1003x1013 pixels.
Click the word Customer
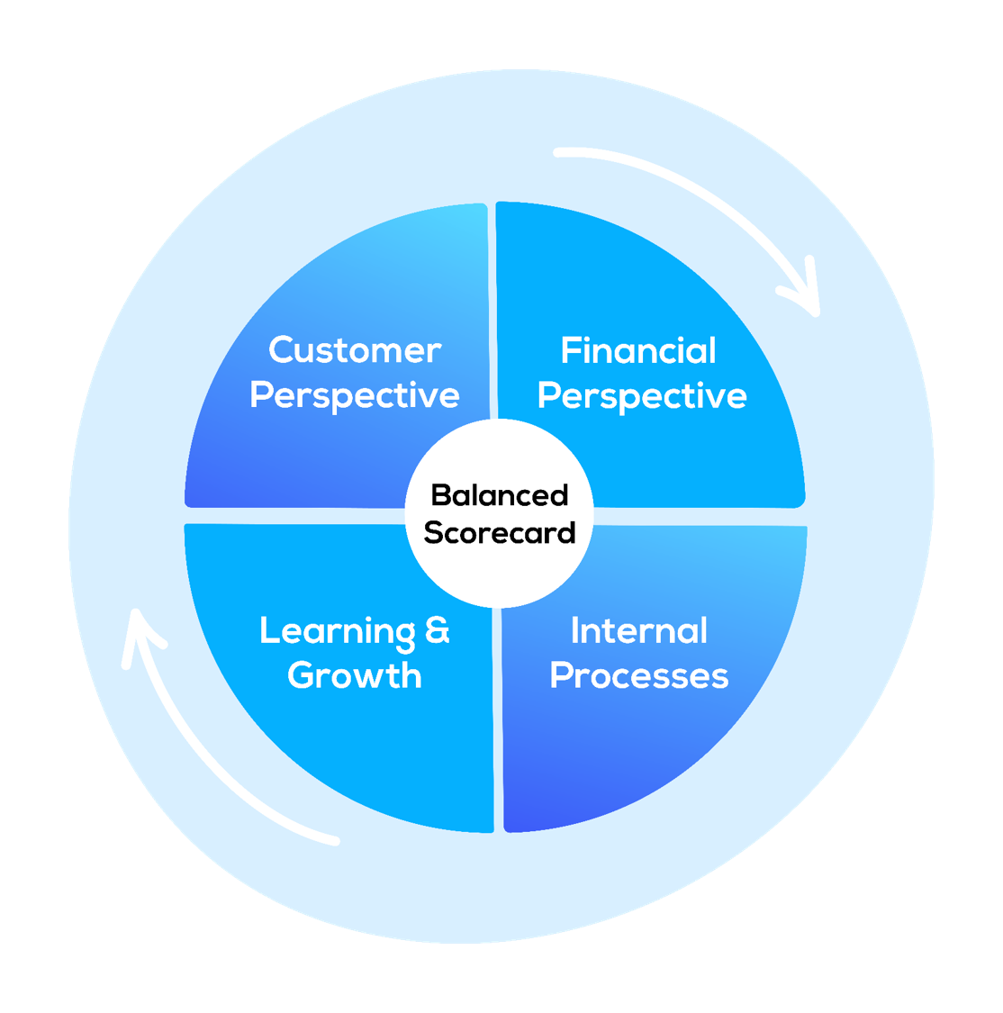(x=355, y=350)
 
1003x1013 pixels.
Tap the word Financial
(x=638, y=351)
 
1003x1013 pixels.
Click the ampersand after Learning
(x=437, y=630)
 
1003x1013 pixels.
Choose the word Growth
(x=355, y=676)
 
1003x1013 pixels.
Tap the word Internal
(x=639, y=631)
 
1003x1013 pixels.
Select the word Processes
(x=639, y=676)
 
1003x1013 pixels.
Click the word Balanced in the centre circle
(x=500, y=495)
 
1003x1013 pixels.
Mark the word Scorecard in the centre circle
(x=500, y=533)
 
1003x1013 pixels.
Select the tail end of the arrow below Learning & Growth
(x=335, y=841)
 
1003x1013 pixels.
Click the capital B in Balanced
(x=440, y=495)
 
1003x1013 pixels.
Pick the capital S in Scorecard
(x=433, y=533)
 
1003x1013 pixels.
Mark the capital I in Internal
(x=576, y=631)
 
